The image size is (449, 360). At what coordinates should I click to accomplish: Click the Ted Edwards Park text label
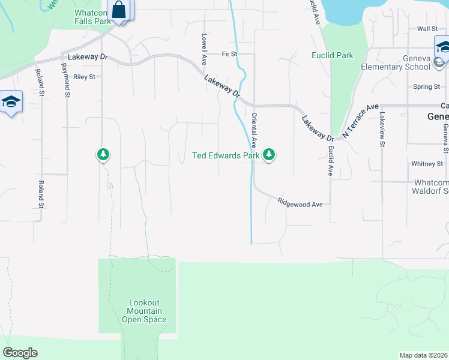[x=226, y=155]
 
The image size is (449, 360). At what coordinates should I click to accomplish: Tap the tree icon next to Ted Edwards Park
[x=270, y=155]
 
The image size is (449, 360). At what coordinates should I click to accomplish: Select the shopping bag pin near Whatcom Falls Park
[x=119, y=10]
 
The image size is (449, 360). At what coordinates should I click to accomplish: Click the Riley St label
[x=84, y=77]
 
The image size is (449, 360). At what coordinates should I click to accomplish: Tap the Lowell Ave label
[x=204, y=49]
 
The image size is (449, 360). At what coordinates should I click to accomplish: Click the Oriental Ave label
[x=255, y=130]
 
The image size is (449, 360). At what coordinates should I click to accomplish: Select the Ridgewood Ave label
[x=300, y=204]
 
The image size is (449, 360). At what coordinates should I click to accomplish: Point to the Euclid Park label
[x=332, y=55]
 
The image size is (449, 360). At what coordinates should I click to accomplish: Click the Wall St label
[x=427, y=29]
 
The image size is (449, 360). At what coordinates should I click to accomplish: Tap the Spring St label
[x=426, y=87]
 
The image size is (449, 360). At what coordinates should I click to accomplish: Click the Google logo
[x=20, y=353]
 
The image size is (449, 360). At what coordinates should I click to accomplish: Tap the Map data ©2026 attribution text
[x=423, y=355]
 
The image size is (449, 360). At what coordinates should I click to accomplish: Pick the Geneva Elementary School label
[x=396, y=62]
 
